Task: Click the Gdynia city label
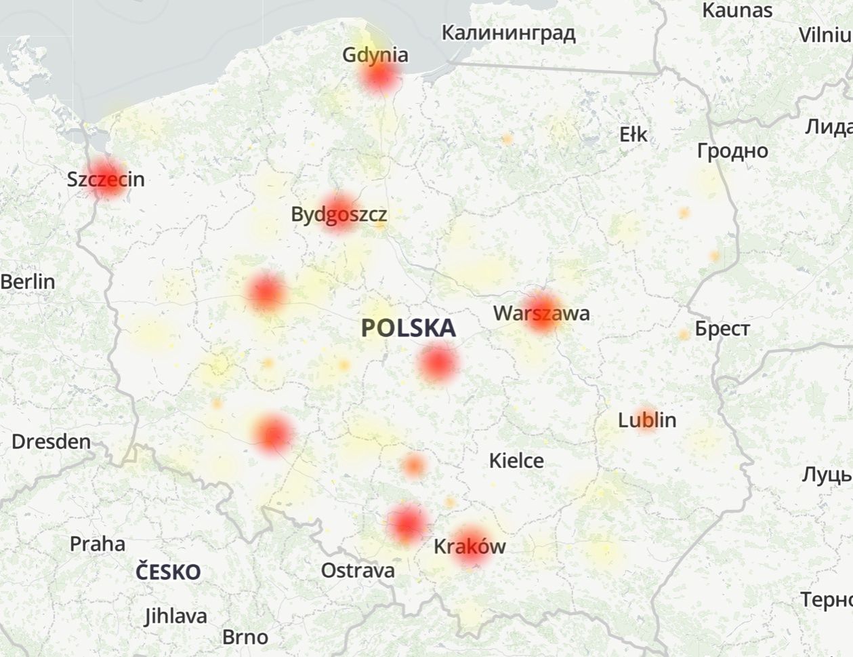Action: tap(375, 55)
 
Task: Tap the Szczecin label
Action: tap(106, 180)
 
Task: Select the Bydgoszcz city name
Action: tap(339, 215)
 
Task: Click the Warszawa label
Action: tap(541, 313)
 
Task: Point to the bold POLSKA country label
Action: tap(408, 328)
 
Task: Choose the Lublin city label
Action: tap(647, 420)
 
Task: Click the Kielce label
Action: tap(516, 461)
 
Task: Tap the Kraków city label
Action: tap(470, 546)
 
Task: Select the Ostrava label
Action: tap(358, 570)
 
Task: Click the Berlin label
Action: tap(28, 281)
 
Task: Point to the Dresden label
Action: tap(51, 442)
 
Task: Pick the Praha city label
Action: tap(98, 544)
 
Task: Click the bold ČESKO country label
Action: tap(168, 572)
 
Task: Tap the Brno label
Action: tap(245, 637)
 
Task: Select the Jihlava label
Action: tap(176, 616)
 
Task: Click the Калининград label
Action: tap(508, 33)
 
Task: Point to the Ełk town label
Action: tap(633, 135)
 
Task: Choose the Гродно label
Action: tap(732, 151)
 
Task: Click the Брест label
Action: tap(722, 329)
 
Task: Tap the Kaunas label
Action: tap(737, 10)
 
